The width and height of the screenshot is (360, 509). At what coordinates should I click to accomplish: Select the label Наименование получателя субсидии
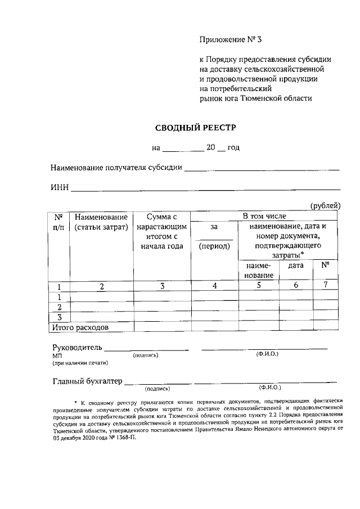point(116,168)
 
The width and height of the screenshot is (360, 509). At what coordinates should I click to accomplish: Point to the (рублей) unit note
point(325,206)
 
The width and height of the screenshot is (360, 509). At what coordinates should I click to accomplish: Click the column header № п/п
point(58,221)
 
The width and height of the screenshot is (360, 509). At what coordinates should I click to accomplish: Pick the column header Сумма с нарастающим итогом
point(162,231)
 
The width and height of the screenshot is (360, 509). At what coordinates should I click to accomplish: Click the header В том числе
point(264,216)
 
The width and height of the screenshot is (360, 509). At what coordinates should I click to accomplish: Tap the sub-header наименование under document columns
point(259,270)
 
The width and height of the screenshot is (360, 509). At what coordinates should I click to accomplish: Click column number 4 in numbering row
point(214,286)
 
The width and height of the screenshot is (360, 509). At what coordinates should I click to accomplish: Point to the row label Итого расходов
point(80,326)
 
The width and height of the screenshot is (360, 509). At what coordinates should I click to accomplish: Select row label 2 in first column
point(58,307)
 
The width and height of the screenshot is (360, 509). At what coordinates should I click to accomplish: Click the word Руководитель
point(77,348)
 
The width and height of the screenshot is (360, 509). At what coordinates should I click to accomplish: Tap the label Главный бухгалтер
point(87,381)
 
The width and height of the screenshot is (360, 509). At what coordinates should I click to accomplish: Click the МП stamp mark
point(57,356)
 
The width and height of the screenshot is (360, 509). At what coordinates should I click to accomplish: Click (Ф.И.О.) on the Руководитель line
point(267,353)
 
